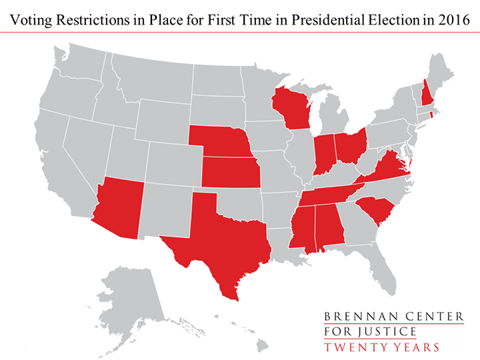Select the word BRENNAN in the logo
coord(353,317)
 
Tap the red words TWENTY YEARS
coord(381,347)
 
